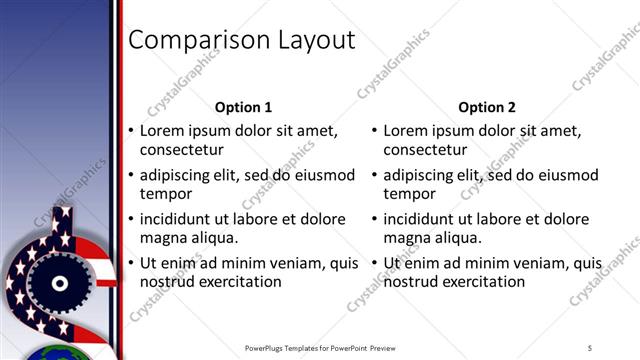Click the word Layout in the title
pos(313,41)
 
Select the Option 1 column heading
pos(243,107)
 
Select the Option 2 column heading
pos(486,107)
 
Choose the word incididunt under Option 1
pos(180,219)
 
